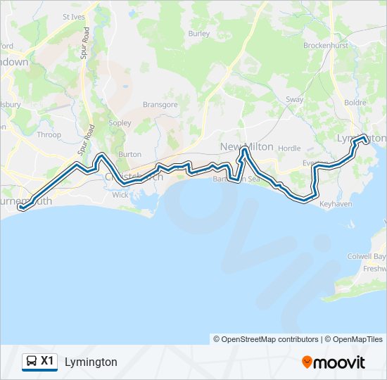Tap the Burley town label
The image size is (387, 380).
199,33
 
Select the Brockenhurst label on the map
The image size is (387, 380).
327,45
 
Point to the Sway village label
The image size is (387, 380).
294,100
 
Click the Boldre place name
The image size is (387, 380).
355,103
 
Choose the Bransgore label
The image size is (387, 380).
160,105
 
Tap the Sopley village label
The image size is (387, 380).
120,123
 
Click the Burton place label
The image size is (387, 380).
130,154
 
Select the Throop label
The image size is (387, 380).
49,134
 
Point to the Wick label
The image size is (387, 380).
120,195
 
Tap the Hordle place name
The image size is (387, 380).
289,148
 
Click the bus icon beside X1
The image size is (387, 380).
31,362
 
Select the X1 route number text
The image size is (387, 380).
47,361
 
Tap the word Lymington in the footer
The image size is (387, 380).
91,362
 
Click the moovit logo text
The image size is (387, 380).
340,362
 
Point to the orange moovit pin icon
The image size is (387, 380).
307,362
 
